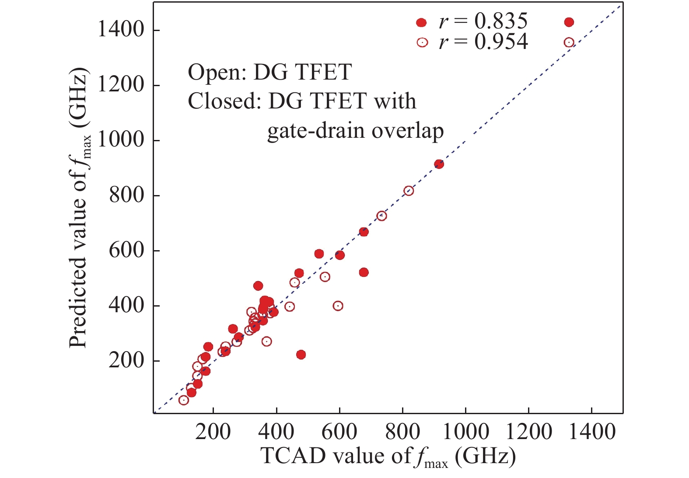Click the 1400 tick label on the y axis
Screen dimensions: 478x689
pos(120,30)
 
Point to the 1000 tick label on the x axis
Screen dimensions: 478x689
pos(465,432)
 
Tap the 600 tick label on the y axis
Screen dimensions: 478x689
pos(126,251)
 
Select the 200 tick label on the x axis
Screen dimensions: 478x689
pos(213,432)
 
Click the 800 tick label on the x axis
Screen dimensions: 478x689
pos(402,432)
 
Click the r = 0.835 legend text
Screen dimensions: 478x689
pos(483,21)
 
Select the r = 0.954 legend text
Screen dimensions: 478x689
pos(483,42)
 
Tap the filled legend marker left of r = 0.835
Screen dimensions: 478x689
pos(421,22)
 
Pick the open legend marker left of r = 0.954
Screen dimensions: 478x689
pos(422,42)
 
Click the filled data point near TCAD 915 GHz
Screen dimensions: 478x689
pos(439,164)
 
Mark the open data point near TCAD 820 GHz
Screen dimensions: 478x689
pos(409,191)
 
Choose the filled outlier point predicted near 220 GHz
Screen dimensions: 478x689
pos(301,355)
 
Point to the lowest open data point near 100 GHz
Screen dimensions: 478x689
pos(184,400)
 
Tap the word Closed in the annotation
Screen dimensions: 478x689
pos(212,101)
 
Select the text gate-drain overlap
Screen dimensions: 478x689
pos(355,131)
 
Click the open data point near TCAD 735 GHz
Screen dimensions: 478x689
pos(381,216)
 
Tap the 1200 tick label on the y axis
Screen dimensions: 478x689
pos(120,85)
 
